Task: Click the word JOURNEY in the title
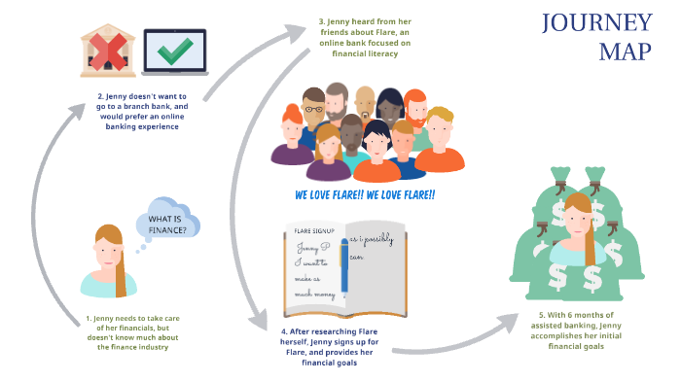(595, 23)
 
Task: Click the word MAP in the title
(624, 52)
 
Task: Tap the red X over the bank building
(107, 51)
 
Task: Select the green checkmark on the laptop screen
(175, 52)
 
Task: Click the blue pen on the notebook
(345, 268)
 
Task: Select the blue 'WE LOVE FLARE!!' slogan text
(365, 195)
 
